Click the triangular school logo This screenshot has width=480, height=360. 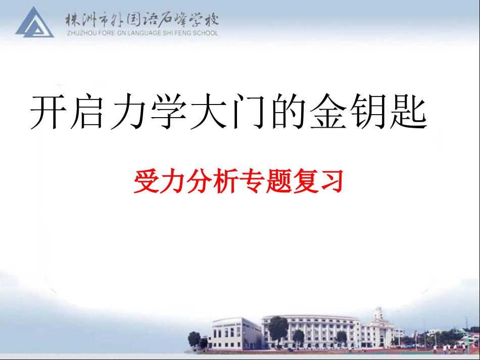(x=34, y=23)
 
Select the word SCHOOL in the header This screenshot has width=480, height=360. (x=205, y=33)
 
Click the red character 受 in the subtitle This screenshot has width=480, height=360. (x=147, y=181)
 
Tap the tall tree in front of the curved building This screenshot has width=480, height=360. (x=278, y=328)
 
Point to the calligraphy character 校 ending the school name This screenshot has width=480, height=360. (x=211, y=21)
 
